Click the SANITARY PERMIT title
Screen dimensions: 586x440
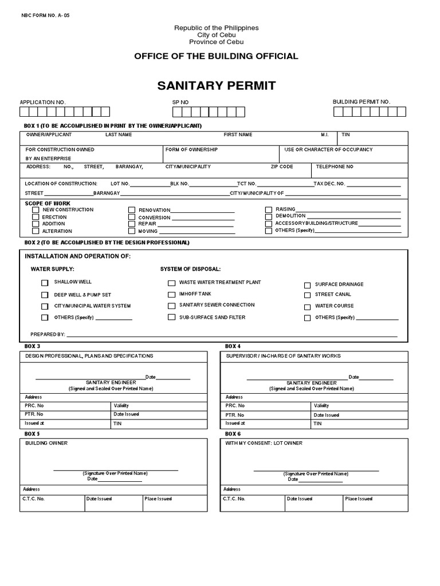pos(216,86)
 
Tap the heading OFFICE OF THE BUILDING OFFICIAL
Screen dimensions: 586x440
pos(216,56)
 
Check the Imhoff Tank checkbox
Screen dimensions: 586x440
pos(171,294)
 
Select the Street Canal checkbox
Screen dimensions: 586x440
pos(308,295)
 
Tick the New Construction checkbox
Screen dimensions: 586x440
pos(36,210)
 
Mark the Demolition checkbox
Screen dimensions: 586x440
pos(268,216)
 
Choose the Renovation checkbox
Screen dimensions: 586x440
pos(132,211)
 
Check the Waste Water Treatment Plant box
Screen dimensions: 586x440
pos(171,283)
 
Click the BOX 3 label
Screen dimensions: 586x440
pos(32,347)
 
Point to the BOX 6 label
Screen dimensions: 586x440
pos(233,433)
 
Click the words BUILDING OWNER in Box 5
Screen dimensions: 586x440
pos(46,443)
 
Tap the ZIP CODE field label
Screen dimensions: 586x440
pos(282,167)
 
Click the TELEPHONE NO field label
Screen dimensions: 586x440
pos(335,167)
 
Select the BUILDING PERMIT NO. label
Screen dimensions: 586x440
pos(361,101)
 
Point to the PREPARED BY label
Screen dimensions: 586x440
pos(48,334)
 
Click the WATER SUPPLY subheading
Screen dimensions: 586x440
pos(52,269)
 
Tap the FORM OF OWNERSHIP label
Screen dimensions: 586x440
pos(191,149)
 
